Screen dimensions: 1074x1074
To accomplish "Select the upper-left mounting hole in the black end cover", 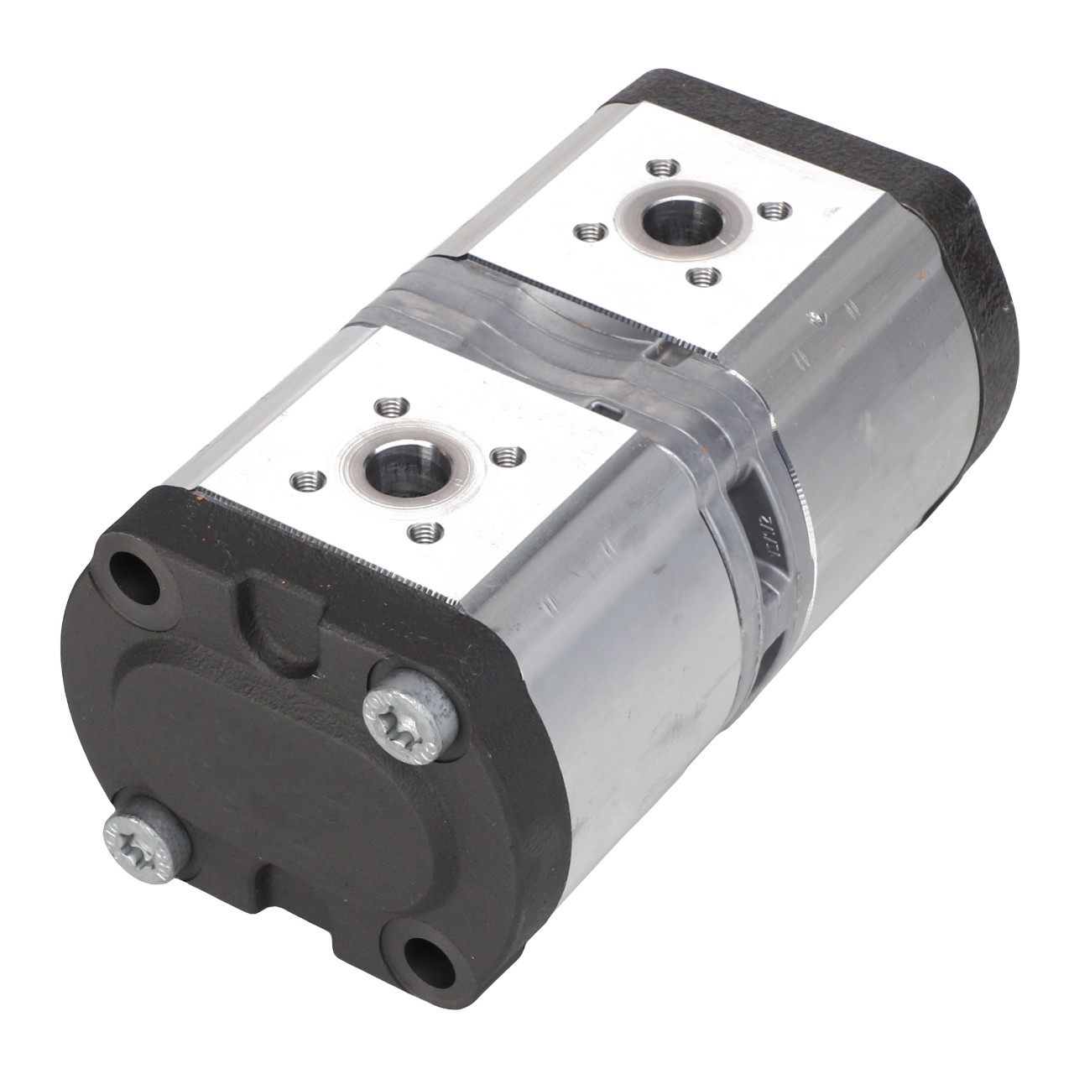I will pyautogui.click(x=136, y=579).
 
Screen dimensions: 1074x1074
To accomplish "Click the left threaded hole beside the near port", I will pyautogui.click(x=301, y=481).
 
